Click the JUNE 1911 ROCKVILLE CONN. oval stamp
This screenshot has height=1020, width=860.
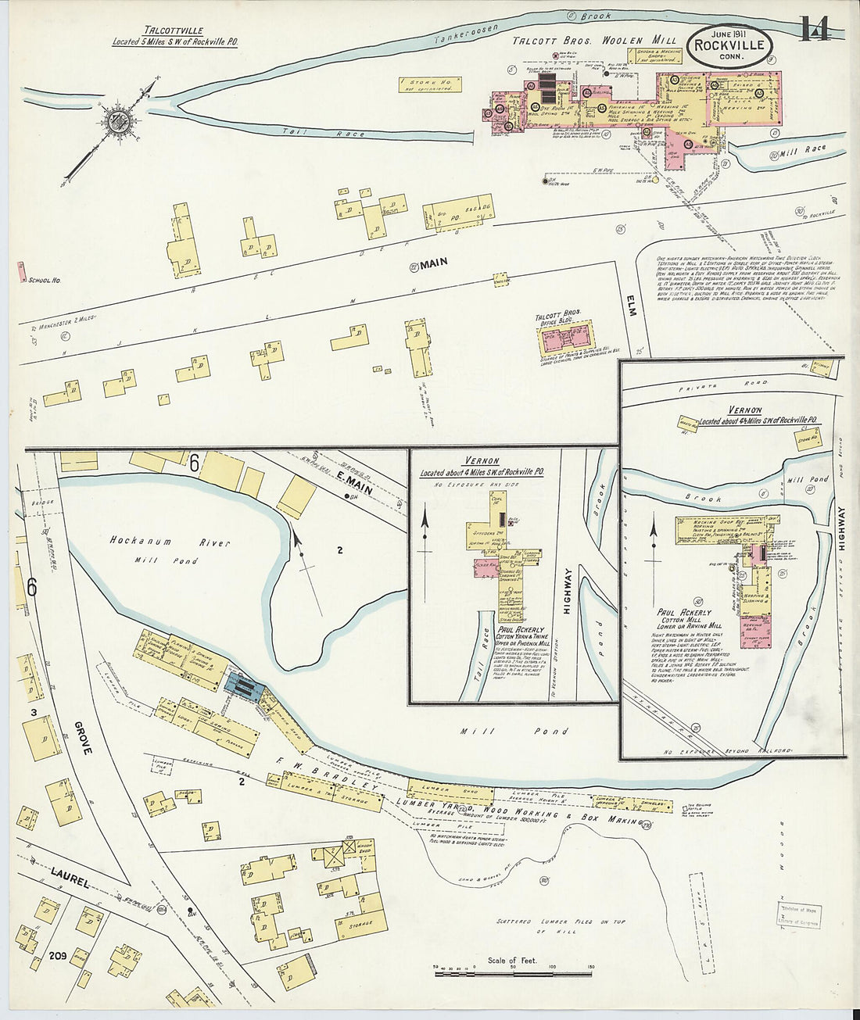tap(730, 44)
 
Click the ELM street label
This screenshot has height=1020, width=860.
tap(632, 305)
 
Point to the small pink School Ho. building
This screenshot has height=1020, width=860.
tap(19, 272)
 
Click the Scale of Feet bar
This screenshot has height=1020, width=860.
tap(513, 973)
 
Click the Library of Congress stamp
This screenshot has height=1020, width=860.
tap(798, 914)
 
